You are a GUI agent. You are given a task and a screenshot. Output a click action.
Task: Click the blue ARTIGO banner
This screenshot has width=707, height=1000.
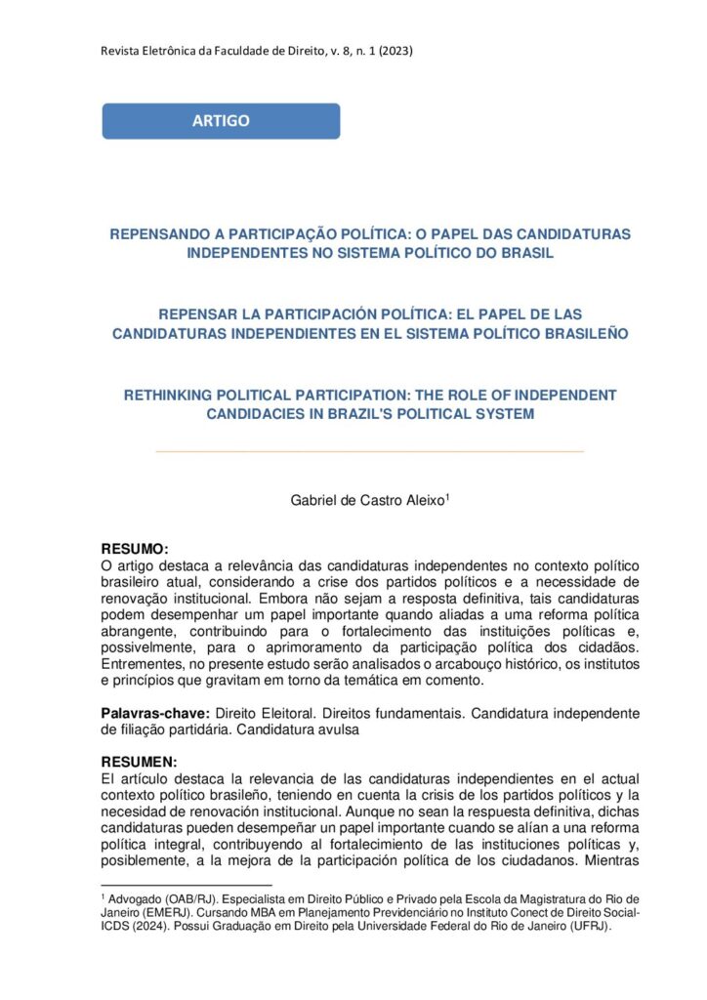[x=221, y=121]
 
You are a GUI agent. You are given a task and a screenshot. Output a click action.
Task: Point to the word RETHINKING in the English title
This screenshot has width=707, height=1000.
[x=172, y=395]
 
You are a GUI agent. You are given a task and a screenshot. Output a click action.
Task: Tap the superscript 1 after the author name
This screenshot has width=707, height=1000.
[x=447, y=496]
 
